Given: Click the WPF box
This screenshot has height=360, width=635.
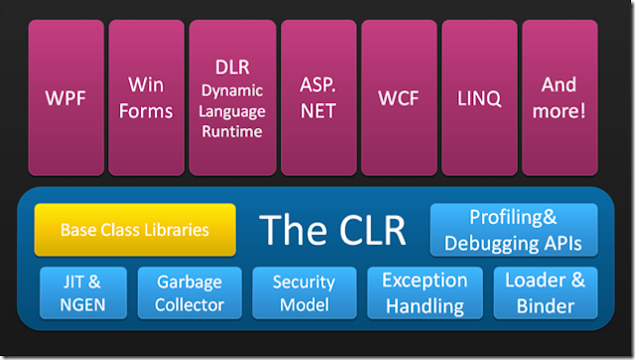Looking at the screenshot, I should point(65,97).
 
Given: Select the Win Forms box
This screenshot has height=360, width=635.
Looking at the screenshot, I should point(146,97).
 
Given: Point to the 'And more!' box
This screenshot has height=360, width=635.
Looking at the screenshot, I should point(559,97).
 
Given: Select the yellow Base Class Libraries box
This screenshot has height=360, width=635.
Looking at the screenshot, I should point(135,230).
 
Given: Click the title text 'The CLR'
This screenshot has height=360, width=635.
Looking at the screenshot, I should point(333,230).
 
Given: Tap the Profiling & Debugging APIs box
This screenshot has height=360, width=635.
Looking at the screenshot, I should point(513,229).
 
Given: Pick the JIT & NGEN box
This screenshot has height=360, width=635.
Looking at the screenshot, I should point(82,294).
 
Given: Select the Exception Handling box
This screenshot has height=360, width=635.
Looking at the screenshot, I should point(425,294).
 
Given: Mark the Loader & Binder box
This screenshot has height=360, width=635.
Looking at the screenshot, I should point(545,294).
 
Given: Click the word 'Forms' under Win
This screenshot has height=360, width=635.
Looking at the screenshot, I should point(146,111).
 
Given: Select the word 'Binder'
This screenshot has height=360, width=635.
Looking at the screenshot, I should point(545,306).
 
